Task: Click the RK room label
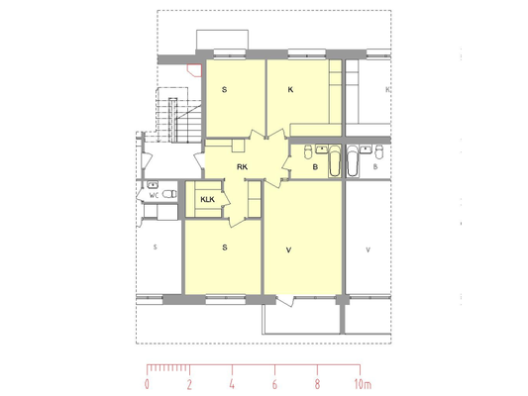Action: pyautogui.click(x=242, y=167)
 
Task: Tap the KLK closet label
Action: pyautogui.click(x=207, y=200)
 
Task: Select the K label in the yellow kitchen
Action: pyautogui.click(x=290, y=90)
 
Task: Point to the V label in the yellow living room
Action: pyautogui.click(x=288, y=250)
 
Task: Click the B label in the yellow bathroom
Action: pyautogui.click(x=315, y=167)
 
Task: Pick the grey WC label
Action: pyautogui.click(x=154, y=195)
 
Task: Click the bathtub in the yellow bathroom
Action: pyautogui.click(x=335, y=161)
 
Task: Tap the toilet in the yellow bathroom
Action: pyautogui.click(x=308, y=151)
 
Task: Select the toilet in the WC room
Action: pyautogui.click(x=169, y=194)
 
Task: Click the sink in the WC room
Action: pyautogui.click(x=153, y=184)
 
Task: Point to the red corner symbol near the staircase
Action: pyautogui.click(x=194, y=70)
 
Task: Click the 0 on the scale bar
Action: pyautogui.click(x=147, y=384)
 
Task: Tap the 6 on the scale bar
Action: pyautogui.click(x=274, y=384)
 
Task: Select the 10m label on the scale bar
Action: pyautogui.click(x=363, y=384)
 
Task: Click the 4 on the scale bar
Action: pyautogui.click(x=232, y=384)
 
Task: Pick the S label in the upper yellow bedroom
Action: pyautogui.click(x=225, y=89)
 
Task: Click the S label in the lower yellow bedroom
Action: pyautogui.click(x=225, y=247)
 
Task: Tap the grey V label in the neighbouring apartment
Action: pyautogui.click(x=369, y=250)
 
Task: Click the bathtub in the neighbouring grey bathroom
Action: pyautogui.click(x=353, y=161)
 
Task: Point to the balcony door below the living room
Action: pyautogui.click(x=285, y=300)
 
